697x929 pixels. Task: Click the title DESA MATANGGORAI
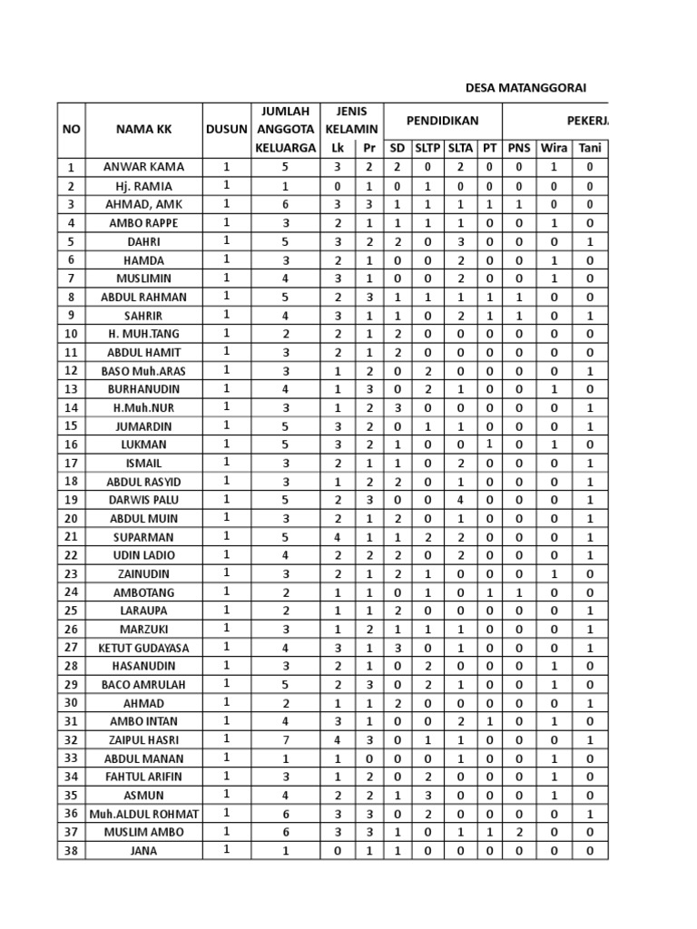(525, 88)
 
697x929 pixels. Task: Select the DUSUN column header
(226, 129)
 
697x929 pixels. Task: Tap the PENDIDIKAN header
(442, 120)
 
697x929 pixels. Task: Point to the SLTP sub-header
(427, 148)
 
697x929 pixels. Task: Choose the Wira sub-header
(554, 148)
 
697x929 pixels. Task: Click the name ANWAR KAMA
(143, 167)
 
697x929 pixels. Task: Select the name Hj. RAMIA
(143, 186)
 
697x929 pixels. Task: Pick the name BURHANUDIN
(143, 389)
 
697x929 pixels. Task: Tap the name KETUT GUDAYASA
(143, 648)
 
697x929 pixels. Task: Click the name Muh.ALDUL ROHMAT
(143, 814)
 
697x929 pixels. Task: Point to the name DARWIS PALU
(143, 500)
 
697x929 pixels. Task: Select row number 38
(71, 851)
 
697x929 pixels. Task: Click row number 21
(71, 537)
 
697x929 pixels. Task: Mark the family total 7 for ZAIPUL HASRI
(285, 740)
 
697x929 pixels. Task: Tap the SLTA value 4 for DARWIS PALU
(460, 500)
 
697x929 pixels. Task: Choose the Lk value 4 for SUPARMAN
(338, 537)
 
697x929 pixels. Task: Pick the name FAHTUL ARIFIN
(143, 777)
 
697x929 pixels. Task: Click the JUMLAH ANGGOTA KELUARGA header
(285, 129)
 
